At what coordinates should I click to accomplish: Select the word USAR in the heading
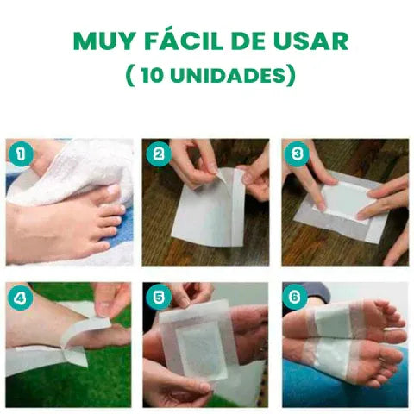307,41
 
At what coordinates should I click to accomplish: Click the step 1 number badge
20,154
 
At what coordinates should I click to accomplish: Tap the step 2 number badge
157,154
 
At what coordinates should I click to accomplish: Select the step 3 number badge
297,154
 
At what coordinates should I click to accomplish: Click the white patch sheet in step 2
207,211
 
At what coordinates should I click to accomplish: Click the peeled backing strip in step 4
86,332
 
